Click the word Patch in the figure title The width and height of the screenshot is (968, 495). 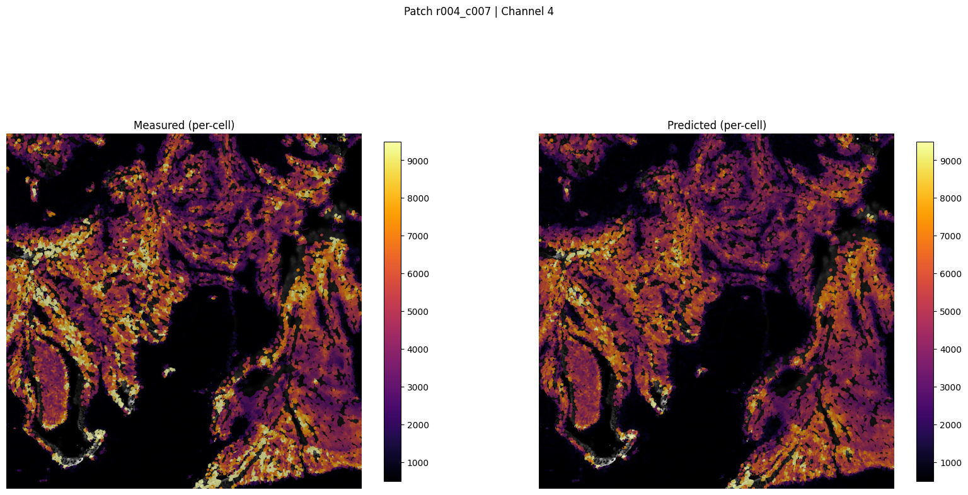(417, 11)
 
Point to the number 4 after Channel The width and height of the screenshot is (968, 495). (550, 11)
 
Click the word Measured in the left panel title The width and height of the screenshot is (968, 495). (158, 125)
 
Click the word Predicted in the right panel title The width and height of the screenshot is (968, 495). (691, 125)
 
